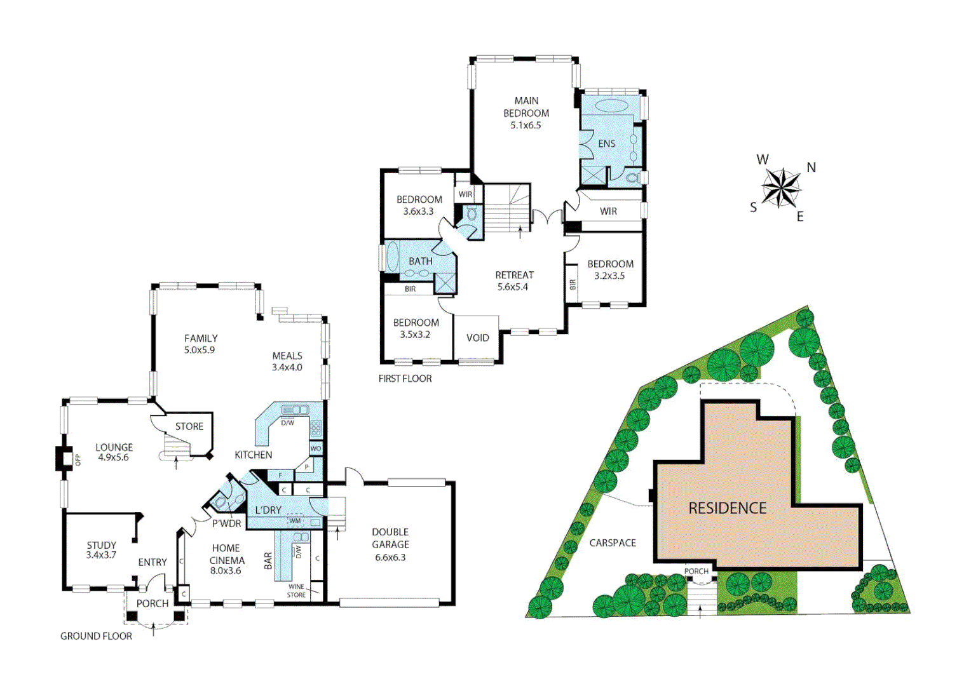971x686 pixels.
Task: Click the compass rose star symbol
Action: click(x=781, y=188)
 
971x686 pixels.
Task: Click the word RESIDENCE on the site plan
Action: click(x=728, y=508)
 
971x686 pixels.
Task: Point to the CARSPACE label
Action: click(x=612, y=543)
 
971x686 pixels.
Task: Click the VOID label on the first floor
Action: click(x=478, y=338)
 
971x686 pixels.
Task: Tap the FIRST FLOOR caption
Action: click(x=405, y=379)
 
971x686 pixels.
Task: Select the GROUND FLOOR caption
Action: click(x=96, y=636)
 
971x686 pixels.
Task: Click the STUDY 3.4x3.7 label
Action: click(x=102, y=550)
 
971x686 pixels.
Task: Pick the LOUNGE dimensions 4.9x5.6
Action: click(x=113, y=457)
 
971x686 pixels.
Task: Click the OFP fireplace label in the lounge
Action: click(x=78, y=460)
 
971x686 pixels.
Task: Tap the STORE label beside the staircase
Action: click(x=189, y=426)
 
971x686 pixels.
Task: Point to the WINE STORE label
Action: click(x=296, y=591)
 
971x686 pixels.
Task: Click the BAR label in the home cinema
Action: click(x=268, y=560)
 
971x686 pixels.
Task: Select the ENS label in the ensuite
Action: click(x=606, y=144)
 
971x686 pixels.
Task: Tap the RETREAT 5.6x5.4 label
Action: click(x=514, y=281)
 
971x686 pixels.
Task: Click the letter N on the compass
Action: click(x=811, y=168)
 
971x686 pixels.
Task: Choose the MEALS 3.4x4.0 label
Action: click(x=287, y=361)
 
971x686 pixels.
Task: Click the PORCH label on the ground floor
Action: click(x=153, y=603)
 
